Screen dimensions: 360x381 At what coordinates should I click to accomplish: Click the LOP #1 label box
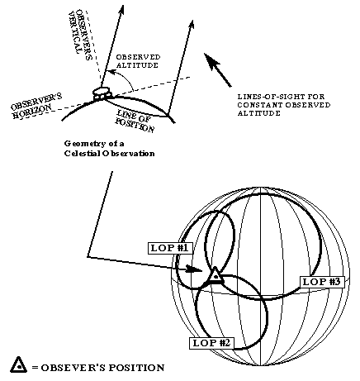point(169,248)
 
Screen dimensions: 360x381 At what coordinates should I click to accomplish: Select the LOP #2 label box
point(211,343)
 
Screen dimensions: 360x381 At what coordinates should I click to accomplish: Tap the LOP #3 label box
point(322,282)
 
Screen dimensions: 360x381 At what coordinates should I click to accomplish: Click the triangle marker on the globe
point(216,275)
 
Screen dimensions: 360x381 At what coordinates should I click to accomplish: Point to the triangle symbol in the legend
point(19,365)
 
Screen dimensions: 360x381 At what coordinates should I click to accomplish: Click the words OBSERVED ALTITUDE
point(138,61)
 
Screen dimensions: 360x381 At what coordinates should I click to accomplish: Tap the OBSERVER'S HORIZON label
point(36,106)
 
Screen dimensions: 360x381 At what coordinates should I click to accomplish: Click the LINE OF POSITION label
point(135,121)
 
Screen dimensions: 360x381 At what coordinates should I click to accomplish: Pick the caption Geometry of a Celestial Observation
point(109,148)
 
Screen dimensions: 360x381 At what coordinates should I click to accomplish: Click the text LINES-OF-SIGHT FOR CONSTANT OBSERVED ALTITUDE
point(284,105)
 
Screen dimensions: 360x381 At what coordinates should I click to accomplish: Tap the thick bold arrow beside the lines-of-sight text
point(218,70)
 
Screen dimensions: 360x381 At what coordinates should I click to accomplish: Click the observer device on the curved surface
point(102,93)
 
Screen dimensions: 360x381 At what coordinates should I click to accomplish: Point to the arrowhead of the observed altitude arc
point(111,73)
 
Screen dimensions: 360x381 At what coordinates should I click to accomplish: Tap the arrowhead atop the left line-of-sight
point(121,10)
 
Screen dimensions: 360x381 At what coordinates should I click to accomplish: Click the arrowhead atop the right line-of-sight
point(192,24)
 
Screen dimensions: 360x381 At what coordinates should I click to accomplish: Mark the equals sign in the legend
point(35,368)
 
